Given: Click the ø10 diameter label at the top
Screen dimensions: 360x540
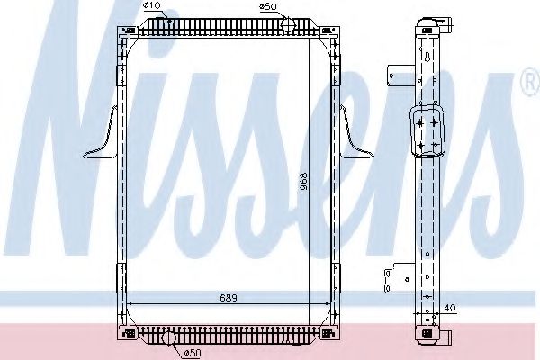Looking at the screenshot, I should click(152, 6).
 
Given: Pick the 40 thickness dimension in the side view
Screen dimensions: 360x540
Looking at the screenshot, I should click(451, 308).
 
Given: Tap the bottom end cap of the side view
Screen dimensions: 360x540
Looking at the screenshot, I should click(431, 337).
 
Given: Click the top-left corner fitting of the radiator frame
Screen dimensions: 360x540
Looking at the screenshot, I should click(125, 34).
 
